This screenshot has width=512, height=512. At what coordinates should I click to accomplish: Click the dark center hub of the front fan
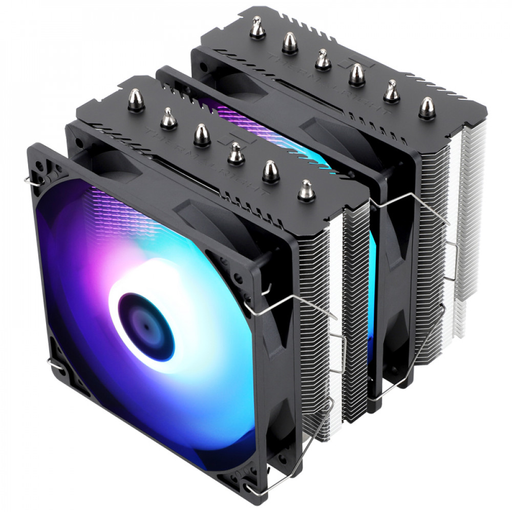point(146,326)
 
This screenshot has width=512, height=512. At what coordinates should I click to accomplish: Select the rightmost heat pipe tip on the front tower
point(306,190)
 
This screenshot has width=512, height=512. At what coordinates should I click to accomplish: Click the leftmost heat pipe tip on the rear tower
point(257,28)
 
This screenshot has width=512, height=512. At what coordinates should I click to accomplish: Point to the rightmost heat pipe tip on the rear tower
point(426,109)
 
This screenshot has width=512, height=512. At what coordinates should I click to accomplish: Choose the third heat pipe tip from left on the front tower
point(202,134)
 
